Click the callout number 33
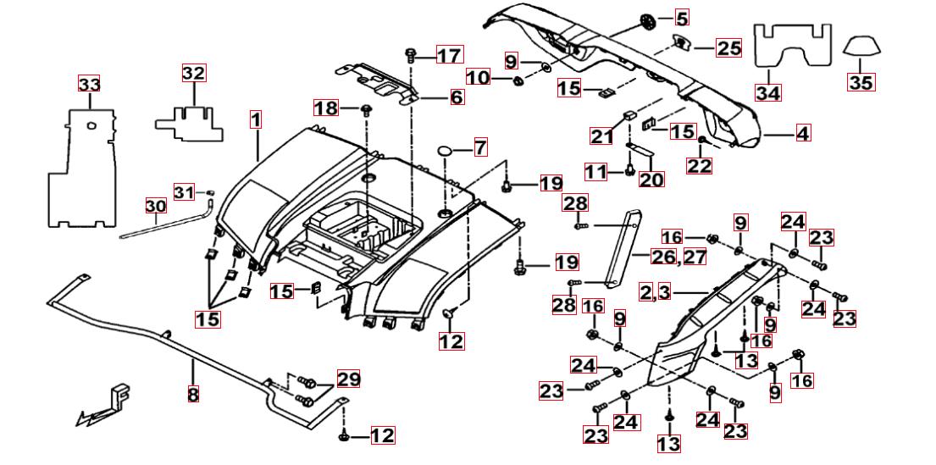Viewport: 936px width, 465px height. [89, 84]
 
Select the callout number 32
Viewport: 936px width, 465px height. [194, 73]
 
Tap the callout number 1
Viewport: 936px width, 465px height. [256, 119]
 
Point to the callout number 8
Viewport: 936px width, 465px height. [193, 393]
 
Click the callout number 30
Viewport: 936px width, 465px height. [155, 206]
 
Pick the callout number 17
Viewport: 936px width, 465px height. [449, 56]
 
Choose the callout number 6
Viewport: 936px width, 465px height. [457, 97]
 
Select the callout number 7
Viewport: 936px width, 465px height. [479, 147]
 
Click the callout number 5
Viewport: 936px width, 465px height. [682, 16]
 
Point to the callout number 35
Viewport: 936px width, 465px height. [861, 82]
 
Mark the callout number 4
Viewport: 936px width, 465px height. [802, 133]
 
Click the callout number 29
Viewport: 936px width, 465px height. [347, 379]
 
